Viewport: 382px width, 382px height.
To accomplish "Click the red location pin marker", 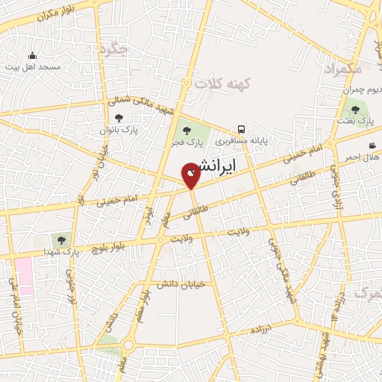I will pos(191,174).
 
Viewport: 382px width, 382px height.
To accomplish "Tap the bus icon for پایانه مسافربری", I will pos(240,128).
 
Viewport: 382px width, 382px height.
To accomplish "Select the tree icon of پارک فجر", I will pos(187,132).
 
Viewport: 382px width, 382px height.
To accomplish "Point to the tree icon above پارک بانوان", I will pos(119,116).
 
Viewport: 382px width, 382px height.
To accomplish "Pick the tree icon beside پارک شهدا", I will pos(61,239).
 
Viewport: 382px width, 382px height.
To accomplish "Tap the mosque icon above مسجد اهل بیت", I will pos(31,55).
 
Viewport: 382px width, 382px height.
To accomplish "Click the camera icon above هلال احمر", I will pos(372,145).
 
